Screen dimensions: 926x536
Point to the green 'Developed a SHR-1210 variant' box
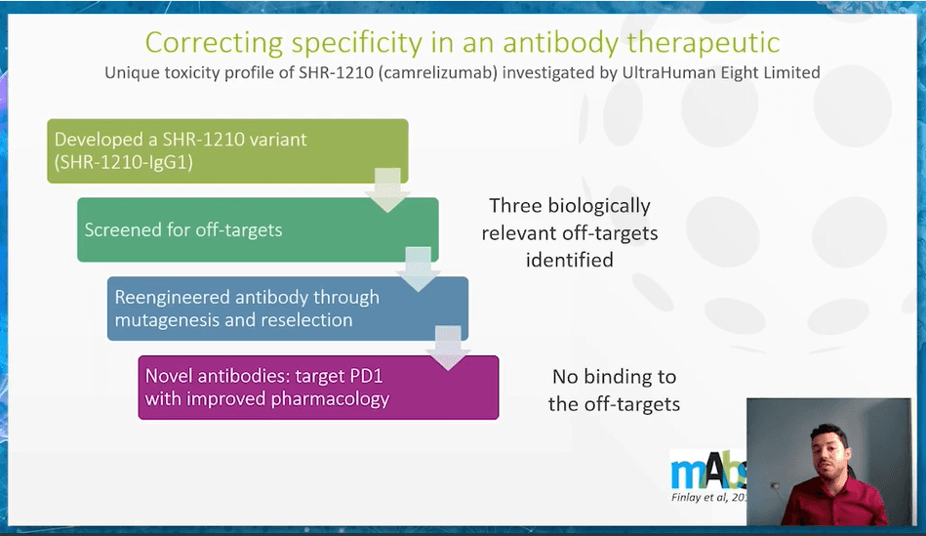[227, 150]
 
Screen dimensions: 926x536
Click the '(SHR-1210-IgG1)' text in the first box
[123, 162]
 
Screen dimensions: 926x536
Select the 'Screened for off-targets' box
[258, 229]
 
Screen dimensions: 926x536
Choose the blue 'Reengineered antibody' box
[288, 309]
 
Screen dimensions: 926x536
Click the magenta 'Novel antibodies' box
[318, 387]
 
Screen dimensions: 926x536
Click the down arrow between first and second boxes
[387, 190]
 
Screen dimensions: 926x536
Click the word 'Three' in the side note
[515, 206]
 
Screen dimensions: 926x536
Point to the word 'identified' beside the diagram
[569, 260]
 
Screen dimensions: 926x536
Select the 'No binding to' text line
[614, 377]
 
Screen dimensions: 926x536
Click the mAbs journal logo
[708, 471]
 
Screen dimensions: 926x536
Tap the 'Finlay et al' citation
[708, 498]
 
